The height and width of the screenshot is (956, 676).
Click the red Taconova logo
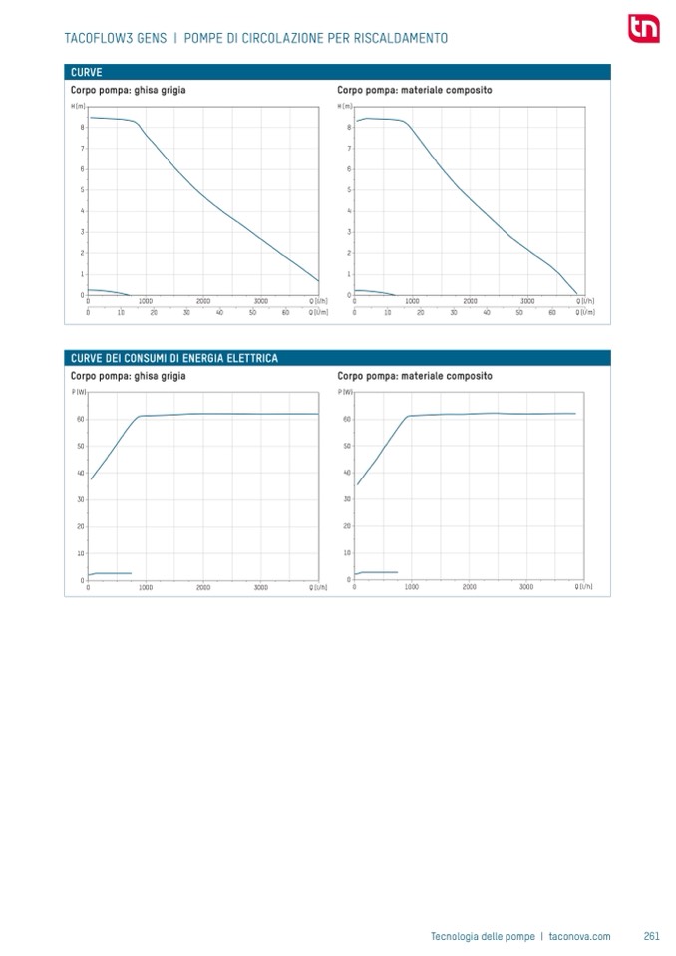(x=642, y=29)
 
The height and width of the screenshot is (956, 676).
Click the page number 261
(x=652, y=936)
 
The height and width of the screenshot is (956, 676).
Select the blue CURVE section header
(x=86, y=72)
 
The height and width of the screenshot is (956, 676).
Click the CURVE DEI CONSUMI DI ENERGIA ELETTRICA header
(x=173, y=358)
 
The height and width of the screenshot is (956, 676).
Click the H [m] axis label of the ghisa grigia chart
(x=78, y=106)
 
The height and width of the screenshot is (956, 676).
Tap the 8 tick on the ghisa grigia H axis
(x=82, y=128)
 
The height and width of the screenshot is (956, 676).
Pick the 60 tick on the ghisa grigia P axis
(x=80, y=419)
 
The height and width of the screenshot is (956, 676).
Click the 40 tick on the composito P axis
(x=347, y=473)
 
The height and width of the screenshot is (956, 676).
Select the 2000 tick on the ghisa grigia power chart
(x=203, y=588)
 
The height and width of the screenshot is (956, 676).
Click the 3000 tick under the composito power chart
(x=526, y=588)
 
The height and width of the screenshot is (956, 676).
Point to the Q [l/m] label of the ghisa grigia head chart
(x=318, y=312)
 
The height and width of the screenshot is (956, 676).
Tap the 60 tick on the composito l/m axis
(x=551, y=312)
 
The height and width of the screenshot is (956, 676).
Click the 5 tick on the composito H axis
(x=349, y=190)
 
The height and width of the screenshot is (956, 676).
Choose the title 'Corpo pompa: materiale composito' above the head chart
(x=414, y=91)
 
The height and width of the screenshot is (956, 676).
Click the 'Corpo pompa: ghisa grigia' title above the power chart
(x=128, y=377)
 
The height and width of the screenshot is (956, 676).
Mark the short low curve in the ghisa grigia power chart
(x=112, y=573)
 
